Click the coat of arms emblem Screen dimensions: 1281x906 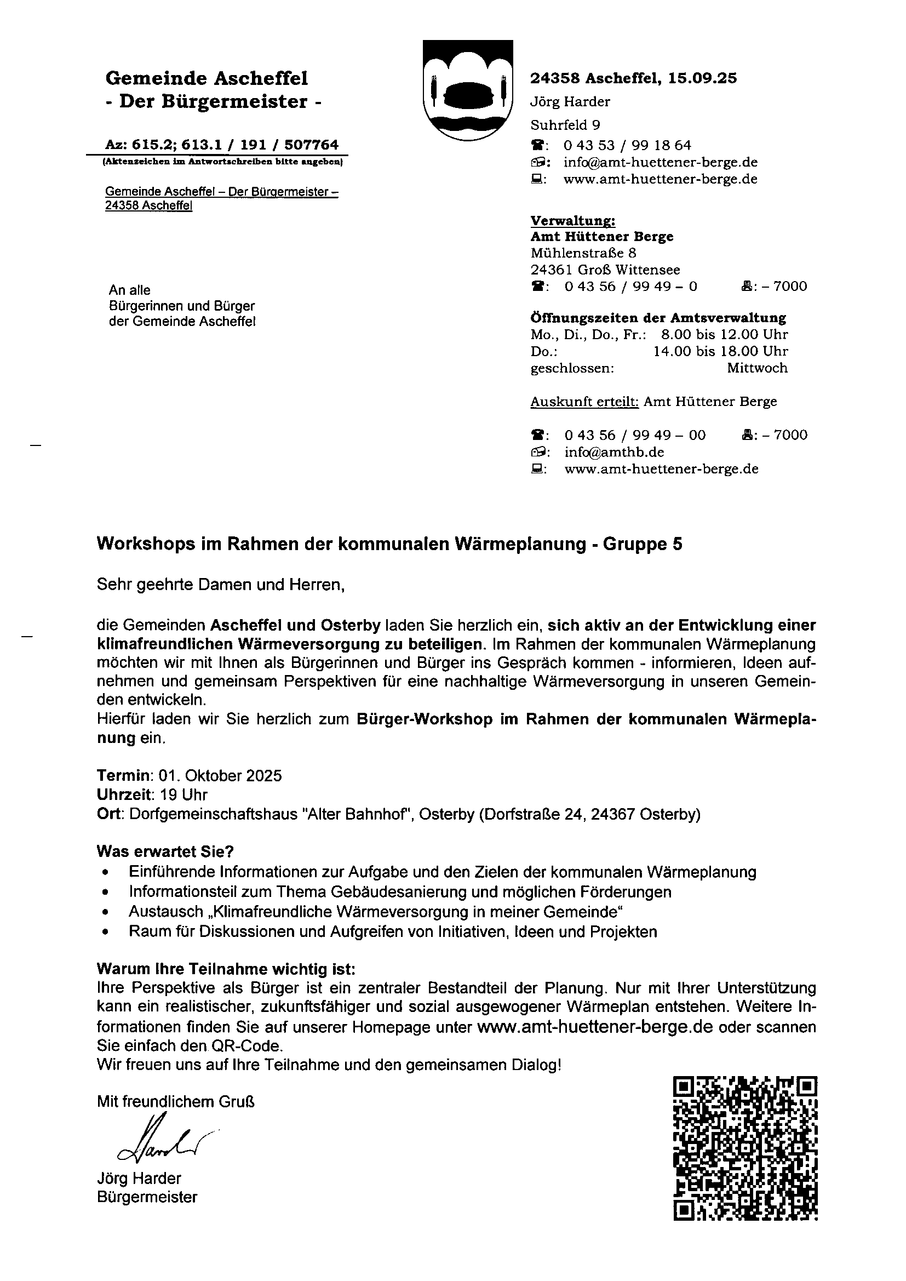pyautogui.click(x=467, y=89)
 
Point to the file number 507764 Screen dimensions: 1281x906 pyautogui.click(x=311, y=145)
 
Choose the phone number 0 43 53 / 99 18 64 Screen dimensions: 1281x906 pyautogui.click(x=627, y=146)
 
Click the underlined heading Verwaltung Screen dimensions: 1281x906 pyautogui.click(x=572, y=221)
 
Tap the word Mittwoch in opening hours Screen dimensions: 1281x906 pyautogui.click(x=757, y=368)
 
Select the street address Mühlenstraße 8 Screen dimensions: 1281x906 pyautogui.click(x=583, y=253)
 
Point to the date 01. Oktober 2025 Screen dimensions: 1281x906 pyautogui.click(x=220, y=775)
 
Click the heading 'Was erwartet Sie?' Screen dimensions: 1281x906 pyautogui.click(x=165, y=851)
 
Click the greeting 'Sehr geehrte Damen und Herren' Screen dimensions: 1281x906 pyautogui.click(x=220, y=585)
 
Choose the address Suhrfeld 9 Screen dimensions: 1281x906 pyautogui.click(x=565, y=125)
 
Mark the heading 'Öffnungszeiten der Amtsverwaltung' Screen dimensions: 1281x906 pyautogui.click(x=658, y=318)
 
